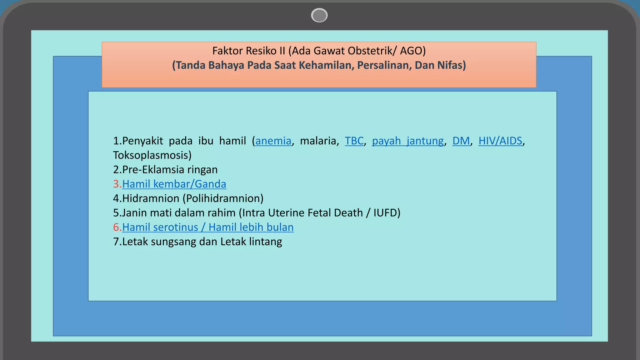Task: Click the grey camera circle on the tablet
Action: pyautogui.click(x=319, y=15)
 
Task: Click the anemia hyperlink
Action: pyautogui.click(x=273, y=141)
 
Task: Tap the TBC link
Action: pyautogui.click(x=354, y=141)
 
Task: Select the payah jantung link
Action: pyautogui.click(x=407, y=141)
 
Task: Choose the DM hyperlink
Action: pyautogui.click(x=461, y=141)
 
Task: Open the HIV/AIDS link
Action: pyautogui.click(x=500, y=141)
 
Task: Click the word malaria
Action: pyautogui.click(x=318, y=141)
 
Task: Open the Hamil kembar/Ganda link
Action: pyautogui.click(x=174, y=184)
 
